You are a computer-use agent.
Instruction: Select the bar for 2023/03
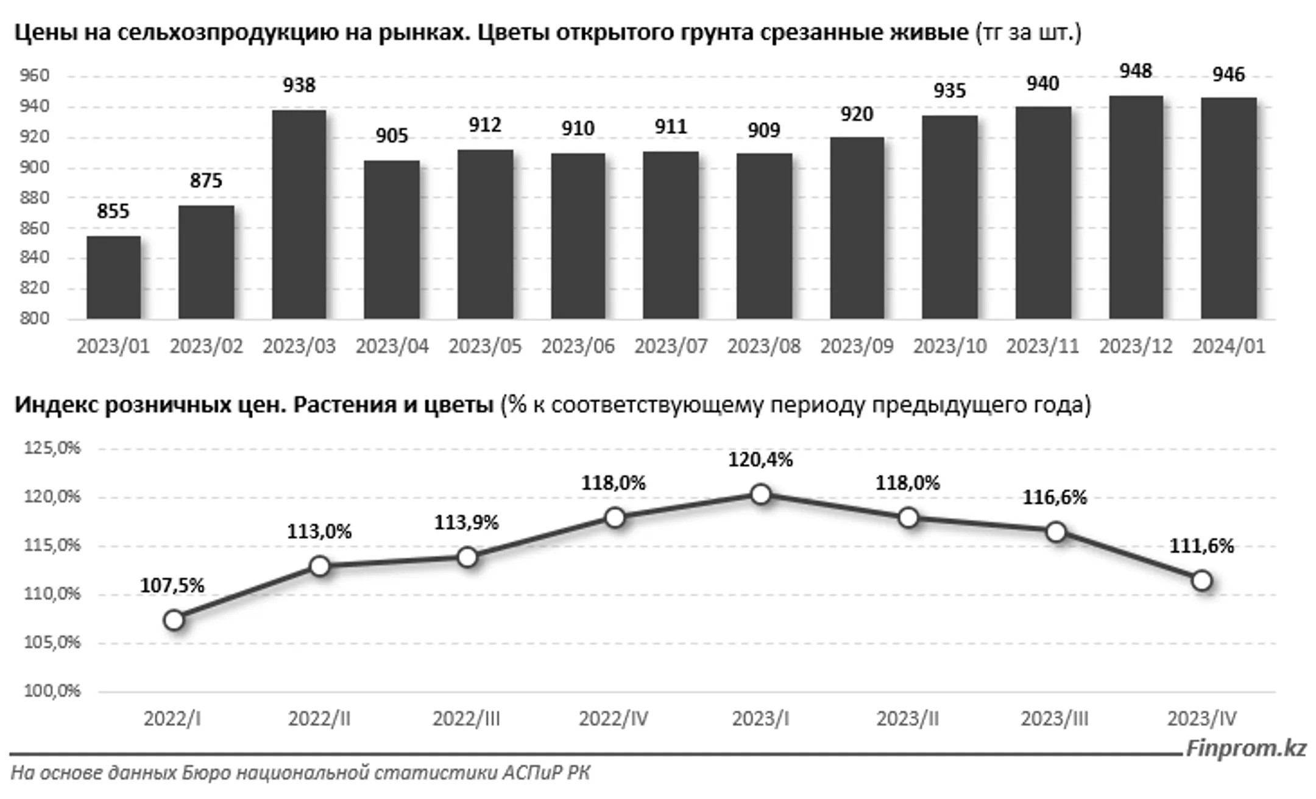(x=299, y=214)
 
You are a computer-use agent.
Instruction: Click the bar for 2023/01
(x=113, y=278)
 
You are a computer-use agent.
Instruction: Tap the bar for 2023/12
(x=1136, y=207)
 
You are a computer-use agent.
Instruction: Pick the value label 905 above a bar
(x=392, y=136)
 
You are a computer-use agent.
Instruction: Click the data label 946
(x=1228, y=75)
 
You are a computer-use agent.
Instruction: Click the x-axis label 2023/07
(x=671, y=347)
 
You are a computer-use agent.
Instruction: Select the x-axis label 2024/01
(x=1228, y=347)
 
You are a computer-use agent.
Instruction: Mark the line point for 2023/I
(x=760, y=495)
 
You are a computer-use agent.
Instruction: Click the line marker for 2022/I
(x=174, y=621)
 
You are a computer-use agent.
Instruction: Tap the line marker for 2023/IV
(x=1201, y=580)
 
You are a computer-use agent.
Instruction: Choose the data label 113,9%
(x=466, y=523)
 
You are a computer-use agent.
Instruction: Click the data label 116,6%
(x=1054, y=498)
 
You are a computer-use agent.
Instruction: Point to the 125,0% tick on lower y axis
(x=52, y=449)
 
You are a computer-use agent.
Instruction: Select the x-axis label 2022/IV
(x=614, y=719)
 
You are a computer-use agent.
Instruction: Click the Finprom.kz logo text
(x=1246, y=748)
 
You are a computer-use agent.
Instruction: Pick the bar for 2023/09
(x=857, y=228)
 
